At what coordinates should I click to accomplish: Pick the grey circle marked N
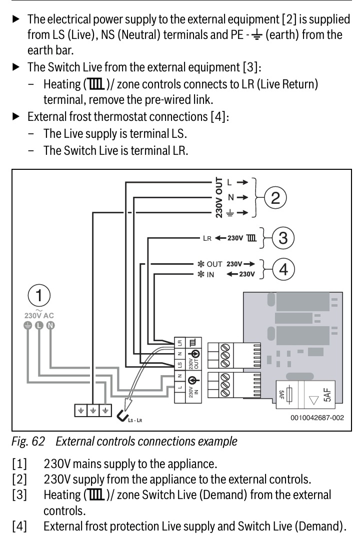click(50, 326)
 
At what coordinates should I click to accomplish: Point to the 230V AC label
click(39, 315)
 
